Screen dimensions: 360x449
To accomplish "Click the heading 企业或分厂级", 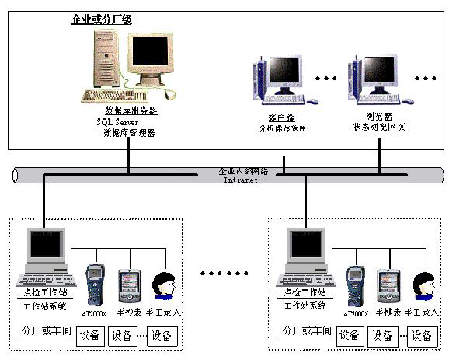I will [101, 19].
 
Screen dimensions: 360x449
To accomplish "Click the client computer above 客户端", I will [277, 82].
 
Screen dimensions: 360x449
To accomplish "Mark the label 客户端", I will [268, 117].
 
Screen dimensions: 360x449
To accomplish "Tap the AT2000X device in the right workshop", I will [356, 284].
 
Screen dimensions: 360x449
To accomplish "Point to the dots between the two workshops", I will [224, 274].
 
